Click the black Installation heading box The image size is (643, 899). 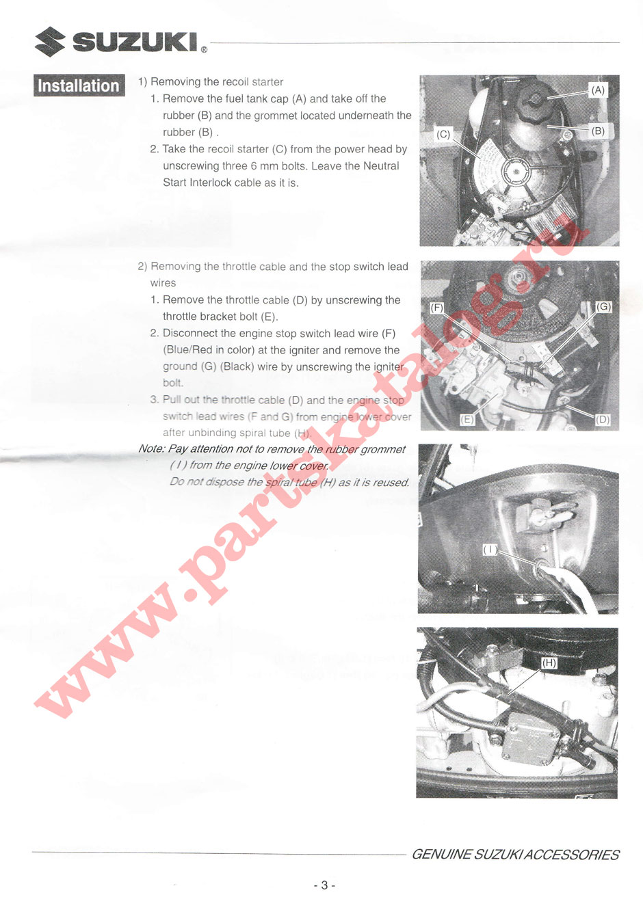pyautogui.click(x=79, y=85)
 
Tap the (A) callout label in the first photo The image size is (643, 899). pyautogui.click(x=598, y=90)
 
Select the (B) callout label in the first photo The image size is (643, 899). pyautogui.click(x=598, y=131)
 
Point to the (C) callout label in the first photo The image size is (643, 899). pyautogui.click(x=444, y=134)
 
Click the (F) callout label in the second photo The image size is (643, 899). pyautogui.click(x=437, y=308)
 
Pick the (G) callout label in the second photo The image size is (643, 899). pyautogui.click(x=603, y=307)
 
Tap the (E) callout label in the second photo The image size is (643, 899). pyautogui.click(x=467, y=419)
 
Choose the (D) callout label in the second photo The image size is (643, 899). pyautogui.click(x=602, y=419)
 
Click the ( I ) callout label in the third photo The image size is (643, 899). pyautogui.click(x=490, y=549)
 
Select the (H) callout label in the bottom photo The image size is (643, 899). pyautogui.click(x=549, y=662)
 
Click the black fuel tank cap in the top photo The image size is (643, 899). pyautogui.click(x=531, y=104)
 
